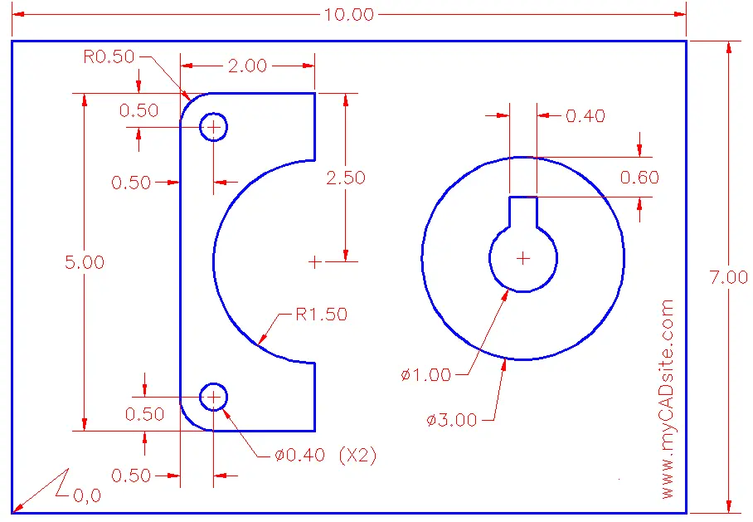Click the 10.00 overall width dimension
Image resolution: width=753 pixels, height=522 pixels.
[348, 14]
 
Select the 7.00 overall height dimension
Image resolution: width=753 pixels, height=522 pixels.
[728, 277]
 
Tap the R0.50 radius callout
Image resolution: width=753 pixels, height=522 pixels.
[109, 56]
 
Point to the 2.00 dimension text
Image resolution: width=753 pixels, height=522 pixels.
[247, 66]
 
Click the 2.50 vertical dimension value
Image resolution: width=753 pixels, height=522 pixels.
[345, 178]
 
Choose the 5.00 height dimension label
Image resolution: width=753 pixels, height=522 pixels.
[85, 262]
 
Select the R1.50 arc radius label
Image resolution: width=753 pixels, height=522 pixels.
[321, 315]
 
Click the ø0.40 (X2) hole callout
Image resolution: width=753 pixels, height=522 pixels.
[326, 455]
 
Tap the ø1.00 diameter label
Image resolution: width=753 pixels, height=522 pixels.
[426, 375]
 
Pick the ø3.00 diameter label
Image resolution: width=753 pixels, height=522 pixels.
[451, 420]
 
